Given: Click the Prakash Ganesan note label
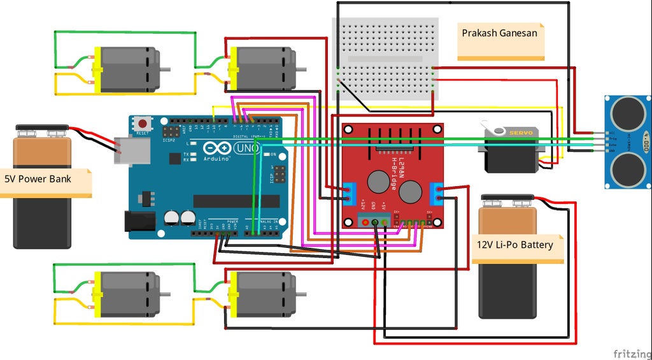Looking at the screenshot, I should (499, 32).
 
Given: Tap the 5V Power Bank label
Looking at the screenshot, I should (38, 179).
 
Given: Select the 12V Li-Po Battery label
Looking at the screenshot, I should (515, 244).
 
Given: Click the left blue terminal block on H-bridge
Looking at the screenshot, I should (349, 194).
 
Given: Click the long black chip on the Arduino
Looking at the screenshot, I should (236, 201).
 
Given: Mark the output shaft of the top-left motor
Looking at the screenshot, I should (165, 69).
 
